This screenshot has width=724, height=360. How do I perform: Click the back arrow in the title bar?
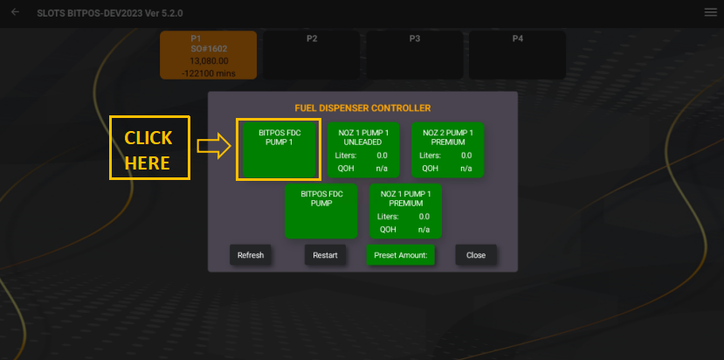coord(15,12)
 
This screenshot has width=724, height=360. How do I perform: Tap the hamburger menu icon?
coord(710,12)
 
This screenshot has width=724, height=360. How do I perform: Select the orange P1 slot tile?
coord(208,55)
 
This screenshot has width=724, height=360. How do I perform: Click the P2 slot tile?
coord(312,55)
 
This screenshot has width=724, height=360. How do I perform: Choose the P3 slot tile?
coord(415,55)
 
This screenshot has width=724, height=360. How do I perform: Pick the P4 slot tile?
coord(518,55)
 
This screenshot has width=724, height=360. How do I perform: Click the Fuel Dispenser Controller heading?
coord(362,108)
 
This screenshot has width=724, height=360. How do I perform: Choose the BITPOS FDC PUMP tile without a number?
coord(321,211)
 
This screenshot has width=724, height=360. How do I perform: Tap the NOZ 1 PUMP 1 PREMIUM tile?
coord(405,211)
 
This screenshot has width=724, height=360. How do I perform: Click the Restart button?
coord(325,255)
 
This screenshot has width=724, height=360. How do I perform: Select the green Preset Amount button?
coord(400,255)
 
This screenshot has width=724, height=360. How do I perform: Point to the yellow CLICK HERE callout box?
coord(148,149)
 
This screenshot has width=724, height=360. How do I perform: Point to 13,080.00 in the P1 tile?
coord(208,61)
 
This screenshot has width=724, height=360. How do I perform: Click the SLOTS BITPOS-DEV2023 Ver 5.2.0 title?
coord(110,13)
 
